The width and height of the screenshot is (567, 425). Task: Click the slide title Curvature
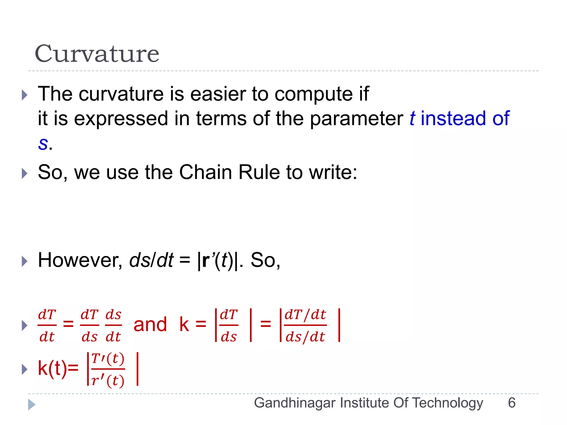(97, 54)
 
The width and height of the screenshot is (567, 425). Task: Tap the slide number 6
(512, 403)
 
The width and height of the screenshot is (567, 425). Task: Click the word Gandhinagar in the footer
(295, 403)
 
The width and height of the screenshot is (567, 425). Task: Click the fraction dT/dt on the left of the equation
(47, 325)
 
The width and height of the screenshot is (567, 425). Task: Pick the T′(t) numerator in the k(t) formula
(108, 359)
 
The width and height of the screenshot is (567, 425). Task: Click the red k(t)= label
(58, 369)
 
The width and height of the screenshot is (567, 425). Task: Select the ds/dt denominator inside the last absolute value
(305, 337)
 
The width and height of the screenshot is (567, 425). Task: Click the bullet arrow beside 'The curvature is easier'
(25, 95)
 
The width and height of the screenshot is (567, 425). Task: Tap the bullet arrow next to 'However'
(25, 261)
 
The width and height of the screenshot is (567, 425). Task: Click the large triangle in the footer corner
(32, 405)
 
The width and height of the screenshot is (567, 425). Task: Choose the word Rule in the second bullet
(259, 172)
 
